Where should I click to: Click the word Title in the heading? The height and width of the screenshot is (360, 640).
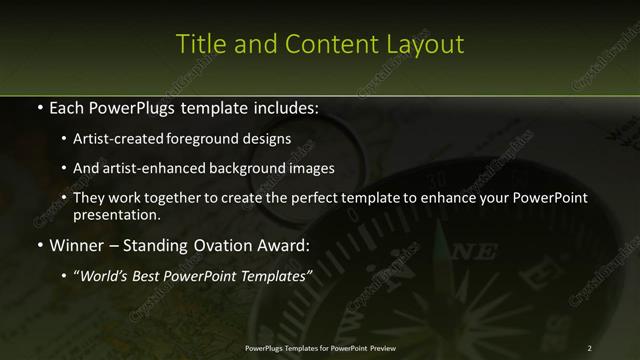[198, 45]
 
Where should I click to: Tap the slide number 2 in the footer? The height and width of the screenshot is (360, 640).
[589, 347]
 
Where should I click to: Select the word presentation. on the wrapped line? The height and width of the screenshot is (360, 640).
[117, 214]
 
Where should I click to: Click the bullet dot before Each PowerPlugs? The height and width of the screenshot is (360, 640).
[38, 107]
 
